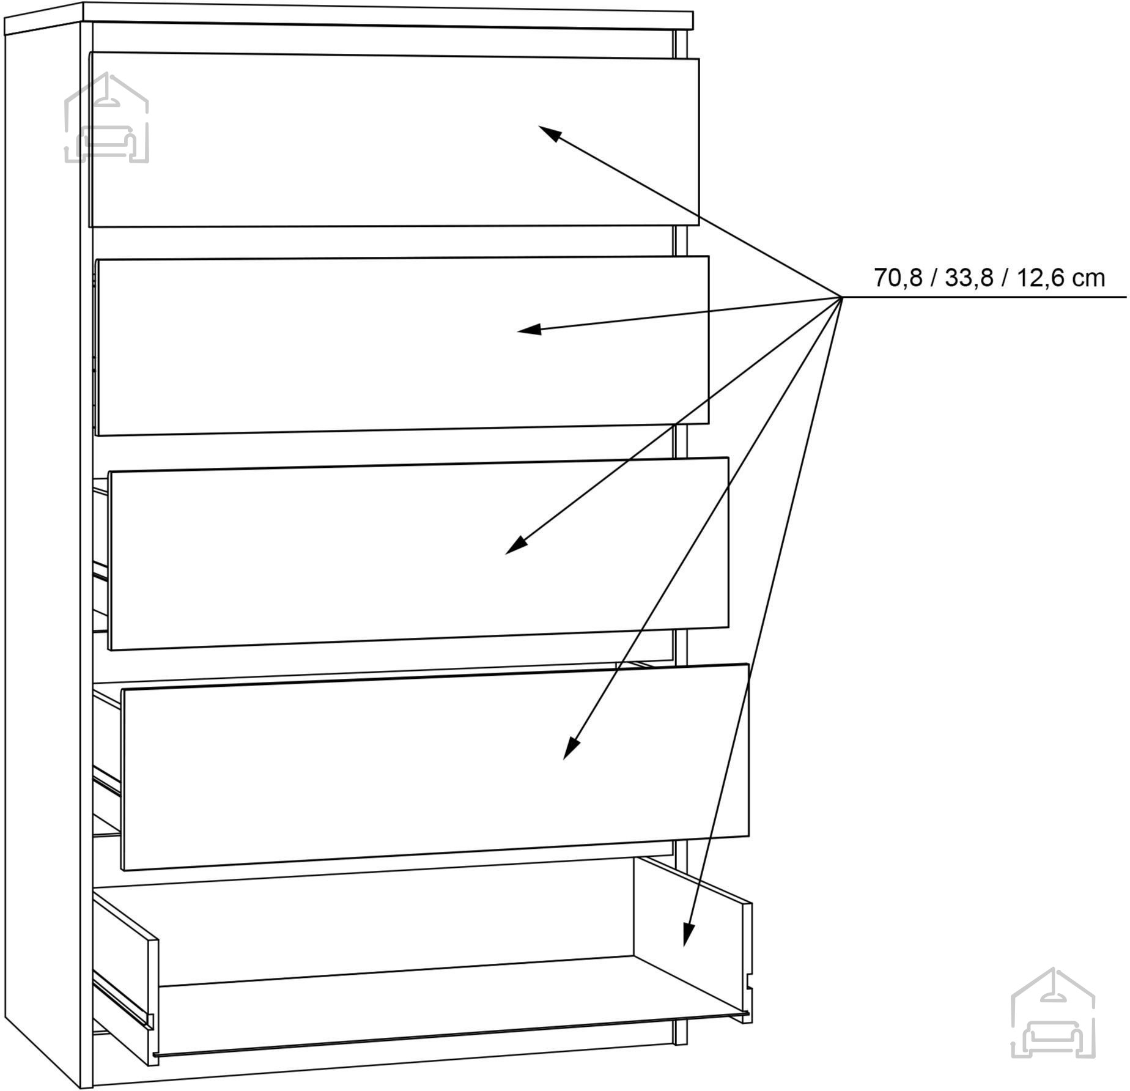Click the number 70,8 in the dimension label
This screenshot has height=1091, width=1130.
[x=898, y=278]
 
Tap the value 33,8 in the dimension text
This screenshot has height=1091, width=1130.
[x=969, y=278]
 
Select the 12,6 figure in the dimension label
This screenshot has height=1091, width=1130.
[x=1040, y=278]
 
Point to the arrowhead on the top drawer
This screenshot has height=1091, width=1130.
[x=549, y=133]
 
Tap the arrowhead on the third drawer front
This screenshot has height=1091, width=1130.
[x=516, y=545]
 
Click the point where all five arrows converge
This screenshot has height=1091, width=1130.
[x=842, y=297]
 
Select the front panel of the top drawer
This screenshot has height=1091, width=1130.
[x=394, y=141]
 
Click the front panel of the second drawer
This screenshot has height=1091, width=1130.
[x=402, y=346]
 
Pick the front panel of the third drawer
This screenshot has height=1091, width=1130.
[x=418, y=553]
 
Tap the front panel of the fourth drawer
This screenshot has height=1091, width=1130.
[x=435, y=767]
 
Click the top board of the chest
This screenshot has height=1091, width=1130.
[x=349, y=17]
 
